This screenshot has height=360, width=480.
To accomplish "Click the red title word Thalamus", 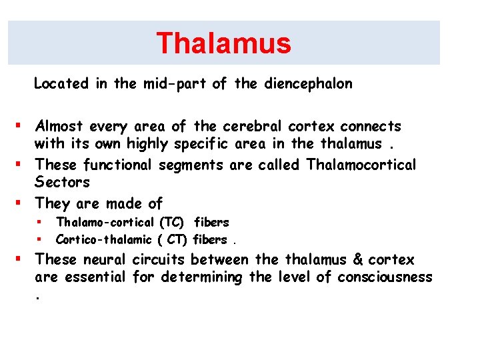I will [x=223, y=43].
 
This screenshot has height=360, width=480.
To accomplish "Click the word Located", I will [x=60, y=84].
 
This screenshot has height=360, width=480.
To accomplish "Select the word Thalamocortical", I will [x=361, y=164].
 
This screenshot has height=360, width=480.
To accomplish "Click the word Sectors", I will [x=62, y=183].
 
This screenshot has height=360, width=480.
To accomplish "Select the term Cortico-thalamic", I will [x=97, y=239].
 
